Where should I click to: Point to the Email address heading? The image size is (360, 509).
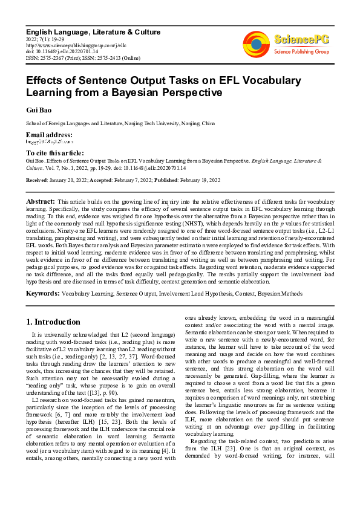[x=48, y=135]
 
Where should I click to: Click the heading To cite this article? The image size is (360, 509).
[x=54, y=154]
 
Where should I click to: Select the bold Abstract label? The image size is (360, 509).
[x=41, y=200]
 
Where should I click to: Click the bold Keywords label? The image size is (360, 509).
[x=42, y=293]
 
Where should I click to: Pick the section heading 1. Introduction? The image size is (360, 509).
[x=53, y=322]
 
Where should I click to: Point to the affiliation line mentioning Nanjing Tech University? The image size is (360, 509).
[x=120, y=123]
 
